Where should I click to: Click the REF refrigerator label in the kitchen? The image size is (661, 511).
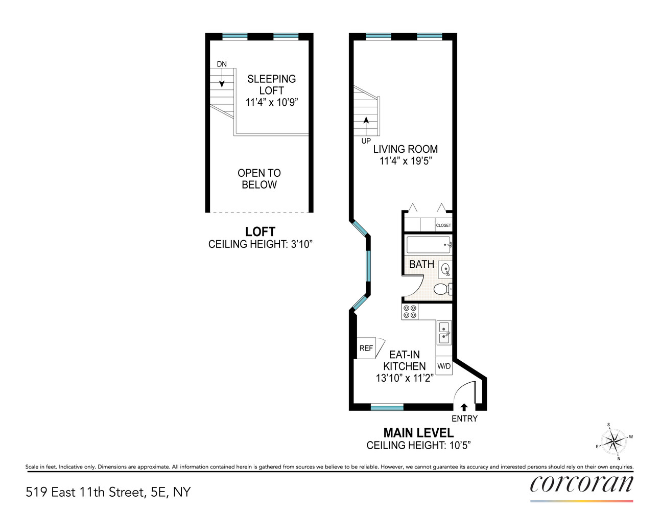click(x=366, y=349)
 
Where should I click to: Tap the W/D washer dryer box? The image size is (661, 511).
click(x=444, y=366)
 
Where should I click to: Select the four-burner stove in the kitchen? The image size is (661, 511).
click(x=410, y=311)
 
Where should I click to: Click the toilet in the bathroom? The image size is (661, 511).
click(x=441, y=289)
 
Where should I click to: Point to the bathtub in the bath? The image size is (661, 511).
click(x=428, y=245)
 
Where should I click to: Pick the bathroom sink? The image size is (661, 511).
click(x=445, y=269)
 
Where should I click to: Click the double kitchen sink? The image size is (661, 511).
click(x=444, y=332)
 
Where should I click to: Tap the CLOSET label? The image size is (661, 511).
click(x=443, y=225)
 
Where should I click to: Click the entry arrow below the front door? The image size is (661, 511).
click(x=464, y=407)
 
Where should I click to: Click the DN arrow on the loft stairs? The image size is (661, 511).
click(x=222, y=78)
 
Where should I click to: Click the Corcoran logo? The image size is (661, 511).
click(x=581, y=484)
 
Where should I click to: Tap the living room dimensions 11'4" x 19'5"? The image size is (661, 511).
click(x=406, y=161)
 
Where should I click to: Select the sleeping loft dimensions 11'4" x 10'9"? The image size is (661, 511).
click(x=271, y=102)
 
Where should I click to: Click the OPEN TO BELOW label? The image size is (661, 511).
click(x=259, y=179)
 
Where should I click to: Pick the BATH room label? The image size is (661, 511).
click(x=421, y=264)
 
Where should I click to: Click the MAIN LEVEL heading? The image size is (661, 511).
click(x=418, y=433)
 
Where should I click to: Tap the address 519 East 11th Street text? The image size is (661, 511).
click(x=108, y=492)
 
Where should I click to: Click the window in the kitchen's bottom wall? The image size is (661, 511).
click(x=387, y=407)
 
